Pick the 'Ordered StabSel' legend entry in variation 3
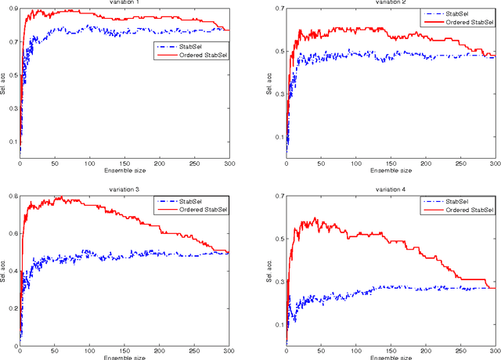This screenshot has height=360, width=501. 197,210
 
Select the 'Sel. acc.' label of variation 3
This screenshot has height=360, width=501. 3,270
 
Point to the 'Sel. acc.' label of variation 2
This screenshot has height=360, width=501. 269,82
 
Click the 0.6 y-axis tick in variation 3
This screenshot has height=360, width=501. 13,234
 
